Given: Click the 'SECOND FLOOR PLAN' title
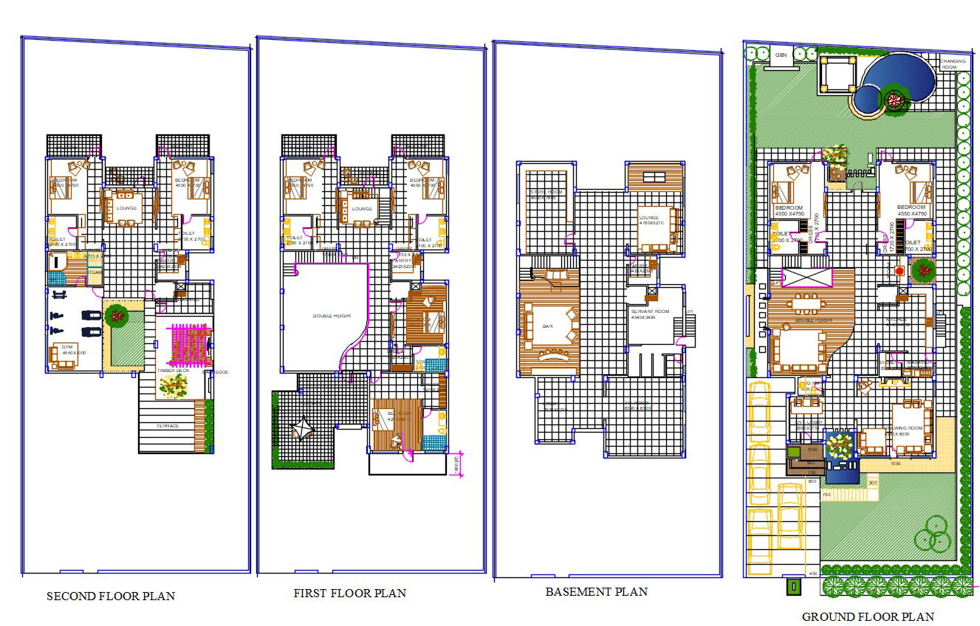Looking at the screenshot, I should (x=111, y=596).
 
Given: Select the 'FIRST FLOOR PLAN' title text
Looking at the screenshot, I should (x=349, y=593).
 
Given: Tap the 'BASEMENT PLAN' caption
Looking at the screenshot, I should (x=596, y=591).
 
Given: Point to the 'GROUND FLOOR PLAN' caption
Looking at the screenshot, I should (x=868, y=616).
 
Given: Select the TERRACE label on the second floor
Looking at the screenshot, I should (x=167, y=426).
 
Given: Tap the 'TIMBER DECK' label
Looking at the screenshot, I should (x=174, y=371).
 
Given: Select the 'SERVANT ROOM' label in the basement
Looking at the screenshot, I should (x=650, y=312).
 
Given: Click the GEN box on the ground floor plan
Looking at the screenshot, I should (x=781, y=55).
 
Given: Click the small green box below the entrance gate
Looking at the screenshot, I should (x=793, y=588).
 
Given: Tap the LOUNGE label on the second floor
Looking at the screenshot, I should (x=126, y=208).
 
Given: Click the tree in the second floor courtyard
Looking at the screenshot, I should (x=116, y=316).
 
